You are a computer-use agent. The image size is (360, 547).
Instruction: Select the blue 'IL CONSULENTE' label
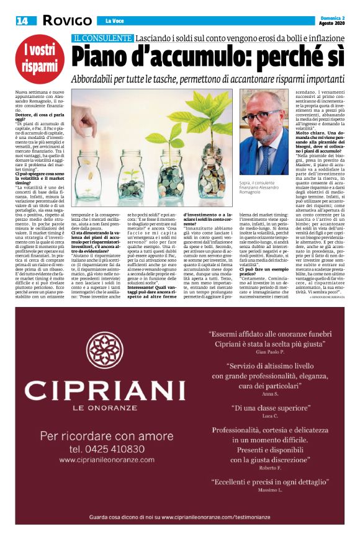[x=102, y=38]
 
